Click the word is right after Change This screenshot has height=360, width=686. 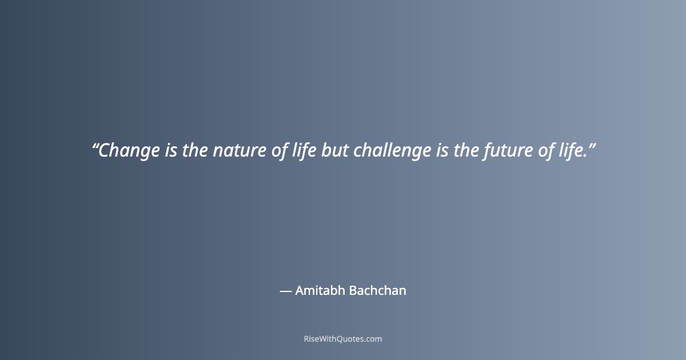tap(171, 151)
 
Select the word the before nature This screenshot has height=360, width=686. tap(196, 151)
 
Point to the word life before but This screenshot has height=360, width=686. tap(303, 151)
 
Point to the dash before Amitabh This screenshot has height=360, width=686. tap(285, 291)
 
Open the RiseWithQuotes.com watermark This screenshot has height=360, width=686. tap(343, 339)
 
